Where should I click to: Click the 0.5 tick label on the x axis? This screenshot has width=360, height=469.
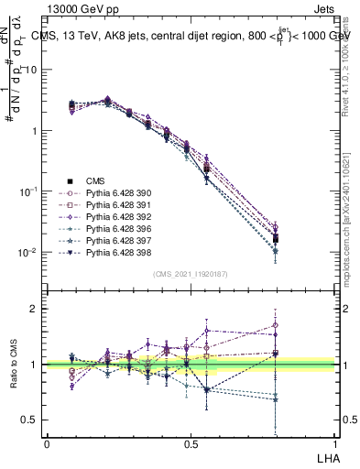tap(191, 443)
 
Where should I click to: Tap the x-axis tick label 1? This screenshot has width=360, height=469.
tap(335, 443)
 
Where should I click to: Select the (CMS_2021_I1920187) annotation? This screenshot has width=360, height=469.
tap(191, 274)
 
